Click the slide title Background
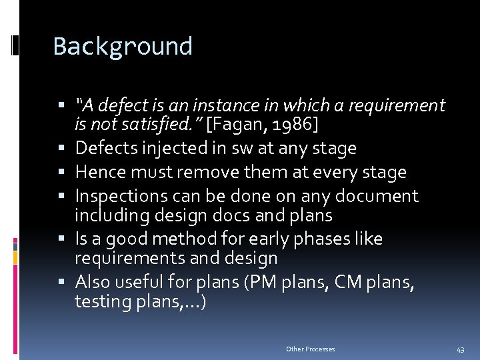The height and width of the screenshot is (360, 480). [x=123, y=47]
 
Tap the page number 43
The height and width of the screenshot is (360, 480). [x=461, y=349]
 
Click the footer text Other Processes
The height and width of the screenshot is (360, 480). [x=311, y=349]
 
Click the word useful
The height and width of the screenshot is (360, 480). [x=143, y=282]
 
